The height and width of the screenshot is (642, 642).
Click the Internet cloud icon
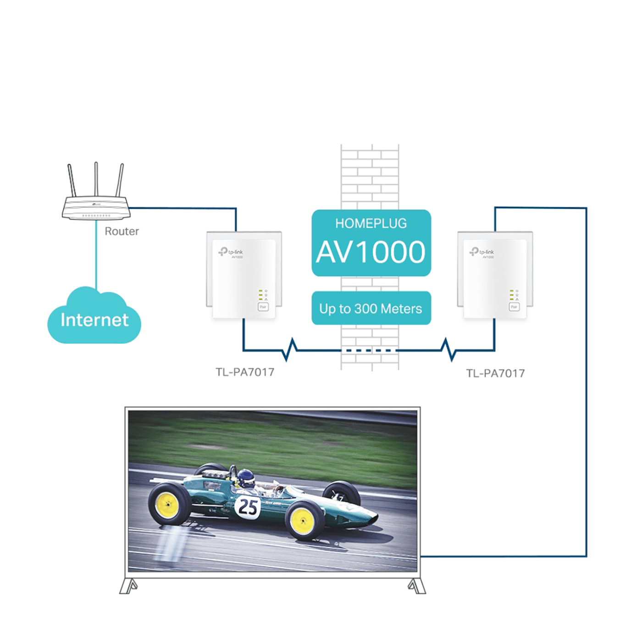point(94,318)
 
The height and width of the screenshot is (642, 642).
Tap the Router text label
point(122,231)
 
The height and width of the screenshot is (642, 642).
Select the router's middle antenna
point(96,179)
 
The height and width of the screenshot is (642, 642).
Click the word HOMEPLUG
point(371,223)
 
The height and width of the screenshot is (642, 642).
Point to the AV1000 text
point(371,252)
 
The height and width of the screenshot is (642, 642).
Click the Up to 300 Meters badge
point(371,309)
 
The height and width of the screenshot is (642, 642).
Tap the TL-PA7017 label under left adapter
point(245,372)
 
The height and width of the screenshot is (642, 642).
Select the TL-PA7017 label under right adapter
point(495,373)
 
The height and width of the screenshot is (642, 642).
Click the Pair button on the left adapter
point(263,307)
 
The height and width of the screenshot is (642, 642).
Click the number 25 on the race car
point(248,506)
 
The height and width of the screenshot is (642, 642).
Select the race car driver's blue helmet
point(246,478)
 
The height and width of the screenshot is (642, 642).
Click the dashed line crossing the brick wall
point(371,351)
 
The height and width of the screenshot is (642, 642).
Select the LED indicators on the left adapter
point(261,295)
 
